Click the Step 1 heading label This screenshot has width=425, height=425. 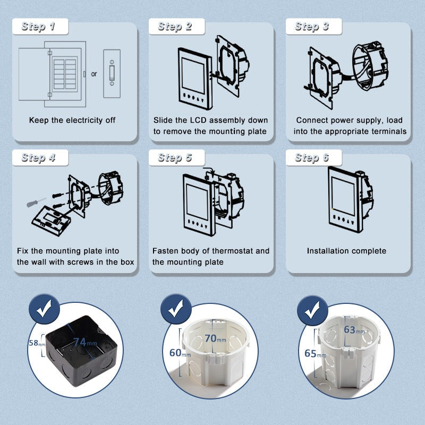click(x=38, y=27)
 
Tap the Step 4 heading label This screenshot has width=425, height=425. click(x=38, y=158)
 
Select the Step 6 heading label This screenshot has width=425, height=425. click(x=312, y=158)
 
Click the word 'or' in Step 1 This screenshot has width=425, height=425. click(x=94, y=74)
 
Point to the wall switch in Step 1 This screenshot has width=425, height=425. click(x=112, y=74)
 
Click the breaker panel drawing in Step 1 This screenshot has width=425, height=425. click(x=52, y=74)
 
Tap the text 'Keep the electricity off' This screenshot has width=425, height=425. click(x=72, y=121)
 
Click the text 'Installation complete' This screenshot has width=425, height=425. click(x=346, y=251)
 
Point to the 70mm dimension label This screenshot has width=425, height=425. click(x=215, y=338)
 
